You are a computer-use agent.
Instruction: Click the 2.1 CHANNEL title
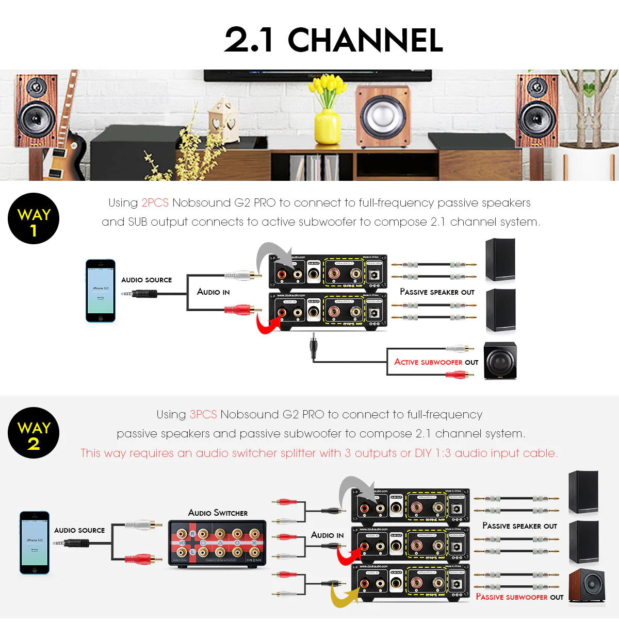point(333,40)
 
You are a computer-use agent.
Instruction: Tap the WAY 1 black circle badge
point(34,218)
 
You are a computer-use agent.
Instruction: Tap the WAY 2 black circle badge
point(34,433)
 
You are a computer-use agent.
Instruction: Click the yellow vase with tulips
point(327,124)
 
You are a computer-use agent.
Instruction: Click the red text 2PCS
point(155,203)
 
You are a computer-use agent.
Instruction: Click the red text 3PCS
point(203,415)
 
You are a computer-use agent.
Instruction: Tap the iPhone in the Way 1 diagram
point(101,291)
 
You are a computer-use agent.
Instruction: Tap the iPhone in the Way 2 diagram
point(35,543)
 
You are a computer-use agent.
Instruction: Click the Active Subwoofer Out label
point(436,362)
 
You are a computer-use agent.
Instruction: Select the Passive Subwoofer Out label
point(519,597)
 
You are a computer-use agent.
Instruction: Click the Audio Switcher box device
point(218,544)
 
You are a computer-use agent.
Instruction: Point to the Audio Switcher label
point(218,513)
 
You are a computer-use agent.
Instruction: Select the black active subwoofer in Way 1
point(500,361)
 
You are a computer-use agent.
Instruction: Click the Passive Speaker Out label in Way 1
point(437,292)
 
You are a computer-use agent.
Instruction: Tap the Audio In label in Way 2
point(327,535)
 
